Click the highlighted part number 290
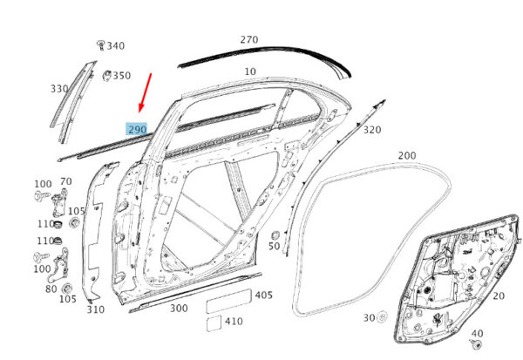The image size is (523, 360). click(x=137, y=130)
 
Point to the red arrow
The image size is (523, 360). click(x=145, y=93)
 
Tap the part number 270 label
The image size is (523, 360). click(x=249, y=40)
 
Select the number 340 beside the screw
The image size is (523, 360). click(x=116, y=45)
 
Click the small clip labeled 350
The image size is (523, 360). click(x=106, y=76)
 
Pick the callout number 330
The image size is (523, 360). click(x=59, y=89)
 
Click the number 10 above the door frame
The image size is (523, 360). click(x=250, y=71)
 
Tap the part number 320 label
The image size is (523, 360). click(x=372, y=130)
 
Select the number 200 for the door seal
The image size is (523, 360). click(x=407, y=155)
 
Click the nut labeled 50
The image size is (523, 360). click(x=275, y=235)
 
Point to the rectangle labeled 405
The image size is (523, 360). click(x=228, y=301)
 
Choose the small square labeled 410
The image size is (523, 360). click(x=214, y=323)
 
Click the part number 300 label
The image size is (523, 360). click(x=179, y=309)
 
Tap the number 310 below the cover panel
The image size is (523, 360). click(x=96, y=309)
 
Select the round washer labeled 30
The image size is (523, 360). click(x=382, y=317)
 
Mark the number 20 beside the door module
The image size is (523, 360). click(x=499, y=296)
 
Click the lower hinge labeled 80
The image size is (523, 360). click(x=59, y=265)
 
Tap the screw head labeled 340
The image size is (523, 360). click(x=101, y=44)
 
